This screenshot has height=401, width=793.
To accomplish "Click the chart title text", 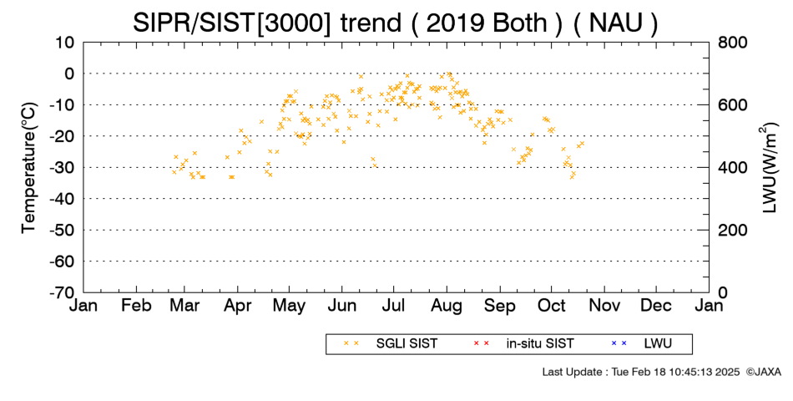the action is pyautogui.click(x=396, y=23).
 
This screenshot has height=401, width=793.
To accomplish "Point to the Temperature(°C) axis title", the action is pyautogui.click(x=29, y=168).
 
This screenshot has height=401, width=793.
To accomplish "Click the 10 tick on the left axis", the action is pyautogui.click(x=64, y=43).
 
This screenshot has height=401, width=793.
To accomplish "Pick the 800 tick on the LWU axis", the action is pyautogui.click(x=732, y=43).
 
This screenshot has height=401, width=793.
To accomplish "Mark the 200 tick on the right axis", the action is pyautogui.click(x=732, y=231).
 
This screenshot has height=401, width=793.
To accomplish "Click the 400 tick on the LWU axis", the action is pyautogui.click(x=732, y=168).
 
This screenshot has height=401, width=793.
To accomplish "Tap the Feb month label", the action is pyautogui.click(x=137, y=306).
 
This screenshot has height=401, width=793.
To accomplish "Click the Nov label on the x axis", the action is pyautogui.click(x=604, y=306).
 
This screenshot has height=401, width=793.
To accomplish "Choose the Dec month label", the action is pyautogui.click(x=656, y=306).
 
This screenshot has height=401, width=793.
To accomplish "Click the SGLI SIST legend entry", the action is pyautogui.click(x=391, y=344).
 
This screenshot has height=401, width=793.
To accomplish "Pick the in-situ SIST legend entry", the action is pyautogui.click(x=523, y=344).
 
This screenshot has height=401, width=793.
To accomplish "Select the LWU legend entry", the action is pyautogui.click(x=641, y=344).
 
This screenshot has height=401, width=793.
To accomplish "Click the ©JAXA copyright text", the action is pyautogui.click(x=763, y=372).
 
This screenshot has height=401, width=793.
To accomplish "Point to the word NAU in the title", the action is pyautogui.click(x=615, y=23).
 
